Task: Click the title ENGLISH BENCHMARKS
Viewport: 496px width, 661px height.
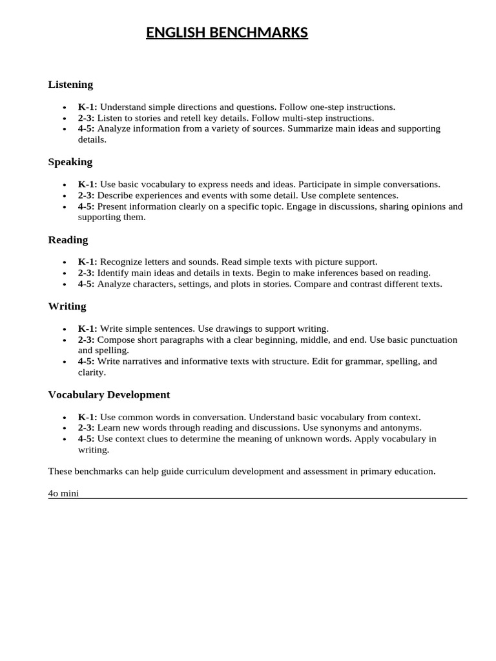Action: [227, 32]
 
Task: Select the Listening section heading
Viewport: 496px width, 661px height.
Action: [70, 85]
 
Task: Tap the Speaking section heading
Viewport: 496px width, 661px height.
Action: [70, 162]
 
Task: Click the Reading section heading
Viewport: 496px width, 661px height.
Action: [68, 240]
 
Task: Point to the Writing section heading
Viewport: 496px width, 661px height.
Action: [67, 307]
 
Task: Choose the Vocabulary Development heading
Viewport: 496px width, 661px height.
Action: [109, 394]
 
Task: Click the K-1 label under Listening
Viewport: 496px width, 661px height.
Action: [87, 107]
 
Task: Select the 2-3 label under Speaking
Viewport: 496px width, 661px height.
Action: [87, 196]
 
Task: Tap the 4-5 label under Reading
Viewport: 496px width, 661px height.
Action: [87, 284]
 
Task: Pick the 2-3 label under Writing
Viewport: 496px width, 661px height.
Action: [87, 340]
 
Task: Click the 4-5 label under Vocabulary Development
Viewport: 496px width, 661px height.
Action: [87, 439]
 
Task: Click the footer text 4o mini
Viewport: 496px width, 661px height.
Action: [63, 494]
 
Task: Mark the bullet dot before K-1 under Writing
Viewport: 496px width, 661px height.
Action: [65, 329]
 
